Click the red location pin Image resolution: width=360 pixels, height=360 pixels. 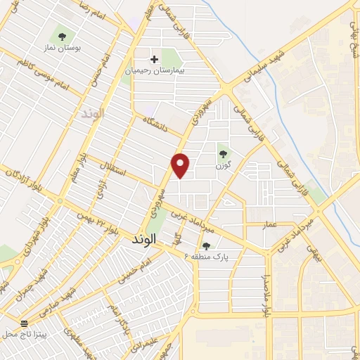click(181, 165)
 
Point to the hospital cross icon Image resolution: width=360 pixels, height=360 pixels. click(154, 59)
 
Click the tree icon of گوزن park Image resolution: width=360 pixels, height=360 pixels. click(223, 153)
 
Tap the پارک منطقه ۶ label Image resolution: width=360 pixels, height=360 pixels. click(211, 257)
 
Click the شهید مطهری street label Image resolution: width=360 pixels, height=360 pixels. click(77, 338)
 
